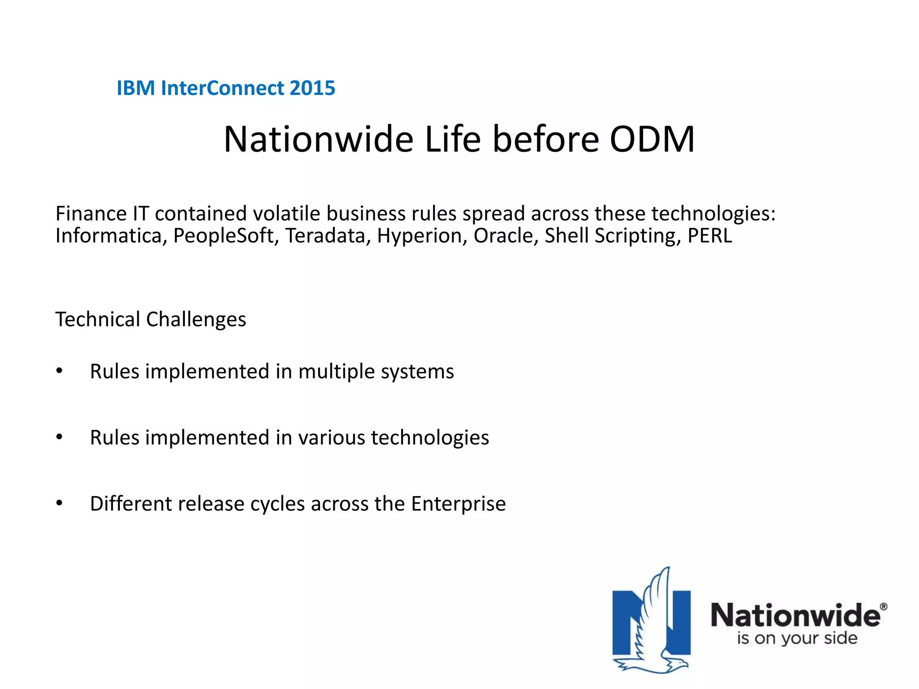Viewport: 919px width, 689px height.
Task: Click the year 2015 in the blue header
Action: coord(312,88)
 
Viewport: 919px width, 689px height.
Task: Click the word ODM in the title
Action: coord(652,140)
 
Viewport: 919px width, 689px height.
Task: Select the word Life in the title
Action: coord(452,140)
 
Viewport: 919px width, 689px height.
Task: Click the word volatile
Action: coord(286,214)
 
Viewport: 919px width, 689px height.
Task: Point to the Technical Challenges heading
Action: coord(151,319)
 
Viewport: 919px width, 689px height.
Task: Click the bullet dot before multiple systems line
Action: coord(59,371)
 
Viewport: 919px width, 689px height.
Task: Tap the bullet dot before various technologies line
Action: coord(59,437)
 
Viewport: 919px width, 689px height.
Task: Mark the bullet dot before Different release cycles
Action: coord(59,503)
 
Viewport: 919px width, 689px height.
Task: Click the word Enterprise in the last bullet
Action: coord(458,504)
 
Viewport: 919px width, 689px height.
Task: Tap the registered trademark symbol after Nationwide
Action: coord(884,607)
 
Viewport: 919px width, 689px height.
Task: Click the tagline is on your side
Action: coord(797,638)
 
